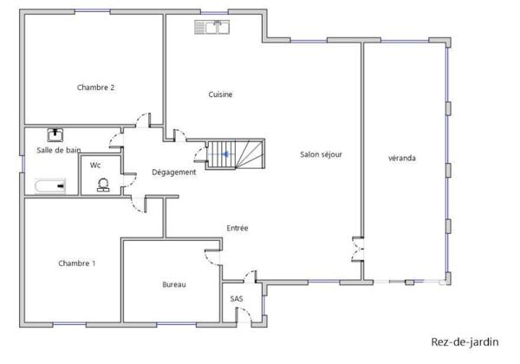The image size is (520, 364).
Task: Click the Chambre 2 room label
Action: click(x=96, y=87)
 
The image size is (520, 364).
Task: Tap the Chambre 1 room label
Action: click(x=77, y=263)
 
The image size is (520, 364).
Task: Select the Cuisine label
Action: click(x=221, y=94)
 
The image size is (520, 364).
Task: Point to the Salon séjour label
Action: click(x=321, y=154)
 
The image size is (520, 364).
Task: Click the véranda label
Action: click(x=402, y=158)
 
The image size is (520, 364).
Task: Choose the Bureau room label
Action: click(x=174, y=285)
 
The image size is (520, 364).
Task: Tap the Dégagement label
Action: click(x=174, y=172)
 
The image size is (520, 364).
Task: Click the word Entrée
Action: click(x=237, y=228)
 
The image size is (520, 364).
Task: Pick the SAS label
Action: click(x=237, y=299)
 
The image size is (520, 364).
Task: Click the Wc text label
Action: click(x=95, y=165)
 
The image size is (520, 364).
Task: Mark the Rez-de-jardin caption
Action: click(x=465, y=342)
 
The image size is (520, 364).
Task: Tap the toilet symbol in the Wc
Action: click(x=103, y=185)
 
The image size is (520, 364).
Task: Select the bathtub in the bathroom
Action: click(x=49, y=185)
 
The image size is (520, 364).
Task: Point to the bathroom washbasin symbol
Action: click(x=56, y=134)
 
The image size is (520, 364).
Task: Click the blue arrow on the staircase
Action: click(x=226, y=154)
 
